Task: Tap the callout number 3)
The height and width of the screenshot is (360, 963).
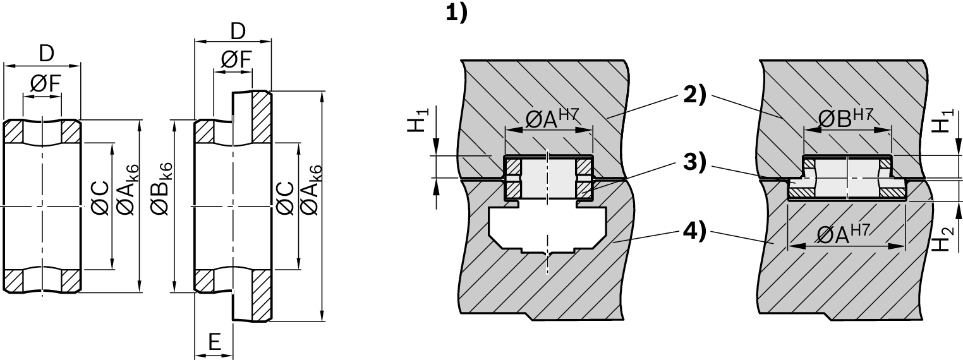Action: click(x=695, y=162)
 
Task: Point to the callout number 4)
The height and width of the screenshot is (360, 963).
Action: click(x=695, y=231)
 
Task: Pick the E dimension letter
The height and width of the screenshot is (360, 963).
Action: click(x=215, y=342)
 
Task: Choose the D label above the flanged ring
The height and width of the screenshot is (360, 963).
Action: click(x=237, y=30)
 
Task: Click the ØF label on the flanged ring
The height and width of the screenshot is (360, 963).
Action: click(x=236, y=60)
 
